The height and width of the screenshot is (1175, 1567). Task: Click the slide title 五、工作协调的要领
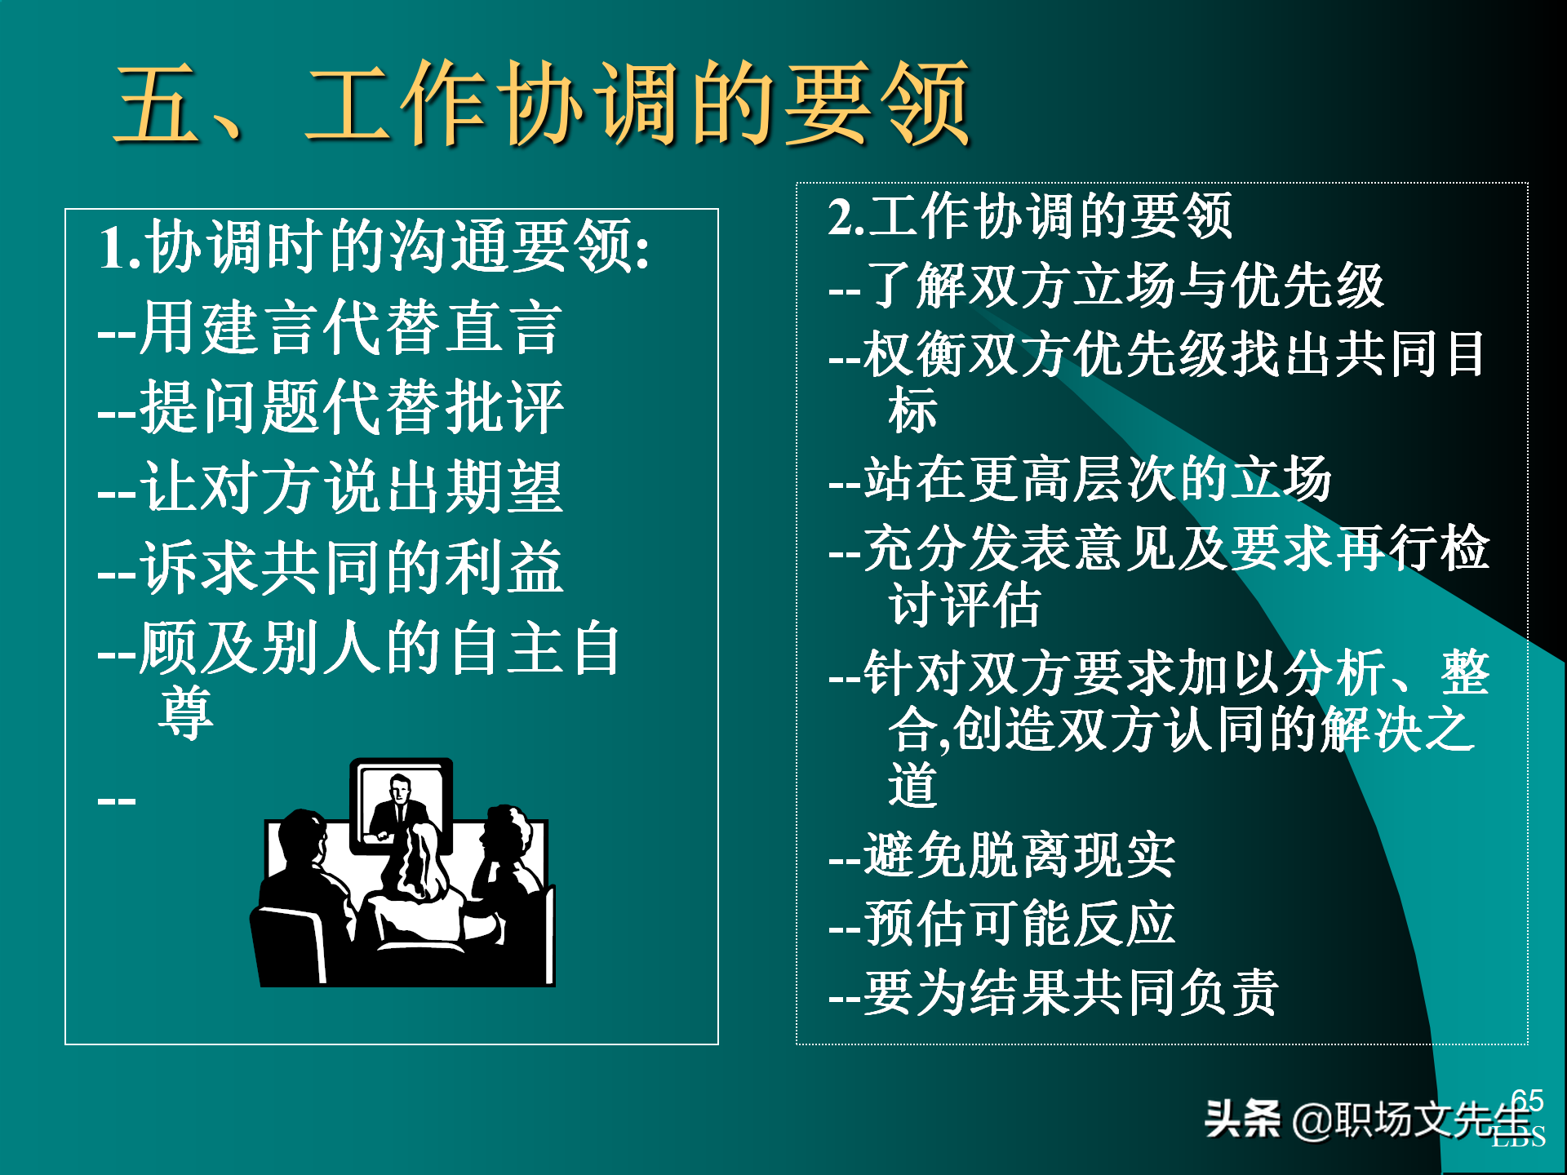(543, 104)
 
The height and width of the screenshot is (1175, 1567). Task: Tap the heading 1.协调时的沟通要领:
(375, 246)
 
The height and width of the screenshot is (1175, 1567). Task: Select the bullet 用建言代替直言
(331, 327)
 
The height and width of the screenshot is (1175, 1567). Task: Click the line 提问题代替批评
(331, 407)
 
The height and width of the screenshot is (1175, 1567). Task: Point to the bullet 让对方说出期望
(331, 487)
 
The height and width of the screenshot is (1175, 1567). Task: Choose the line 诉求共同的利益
(331, 568)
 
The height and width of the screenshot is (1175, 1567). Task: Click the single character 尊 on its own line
(186, 712)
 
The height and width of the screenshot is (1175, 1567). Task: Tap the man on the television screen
(399, 804)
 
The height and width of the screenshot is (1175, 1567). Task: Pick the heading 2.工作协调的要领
(1030, 217)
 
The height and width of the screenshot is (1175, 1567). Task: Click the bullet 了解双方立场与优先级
(1106, 286)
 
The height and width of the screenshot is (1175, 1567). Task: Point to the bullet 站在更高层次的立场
(1080, 479)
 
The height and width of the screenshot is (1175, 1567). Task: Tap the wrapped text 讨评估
(965, 605)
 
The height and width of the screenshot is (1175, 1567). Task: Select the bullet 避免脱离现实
(1002, 856)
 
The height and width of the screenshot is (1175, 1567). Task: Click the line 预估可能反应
(1002, 924)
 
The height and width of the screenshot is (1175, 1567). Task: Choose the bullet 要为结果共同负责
(1054, 993)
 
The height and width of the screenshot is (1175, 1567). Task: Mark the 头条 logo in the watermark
(1242, 1119)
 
